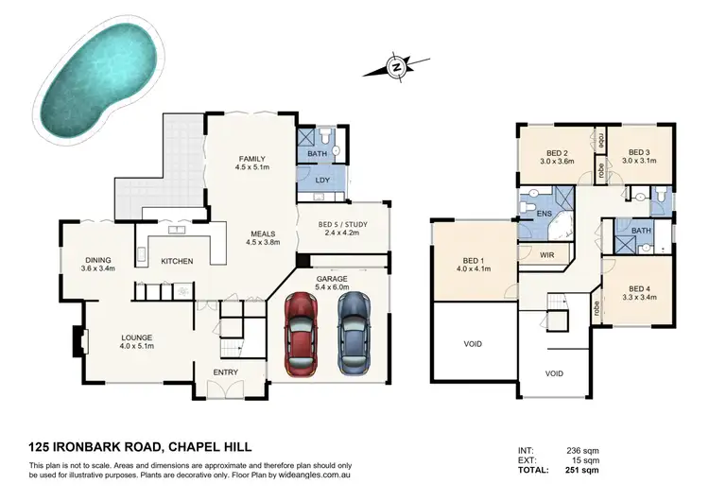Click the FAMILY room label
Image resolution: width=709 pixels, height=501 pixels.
click(x=251, y=159)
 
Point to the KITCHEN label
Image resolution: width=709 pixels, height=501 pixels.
click(x=177, y=261)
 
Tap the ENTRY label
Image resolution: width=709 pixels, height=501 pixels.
click(x=225, y=372)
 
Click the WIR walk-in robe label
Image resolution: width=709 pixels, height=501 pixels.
click(x=545, y=254)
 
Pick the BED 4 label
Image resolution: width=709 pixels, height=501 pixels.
click(x=638, y=290)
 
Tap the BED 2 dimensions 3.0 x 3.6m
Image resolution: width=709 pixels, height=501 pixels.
click(x=556, y=162)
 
